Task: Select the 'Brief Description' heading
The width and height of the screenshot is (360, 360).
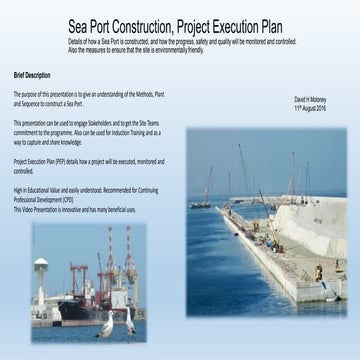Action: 32,74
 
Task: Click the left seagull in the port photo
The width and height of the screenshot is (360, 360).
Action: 108,322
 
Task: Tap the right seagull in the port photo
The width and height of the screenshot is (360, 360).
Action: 129,321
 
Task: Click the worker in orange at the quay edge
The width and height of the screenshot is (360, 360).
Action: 319,272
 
